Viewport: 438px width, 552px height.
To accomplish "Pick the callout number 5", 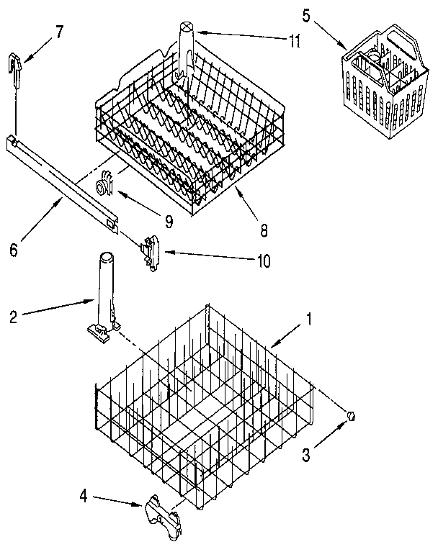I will [306, 15].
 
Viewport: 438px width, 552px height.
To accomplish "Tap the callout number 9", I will [168, 222].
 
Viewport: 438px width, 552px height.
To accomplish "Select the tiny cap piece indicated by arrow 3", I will [352, 415].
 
